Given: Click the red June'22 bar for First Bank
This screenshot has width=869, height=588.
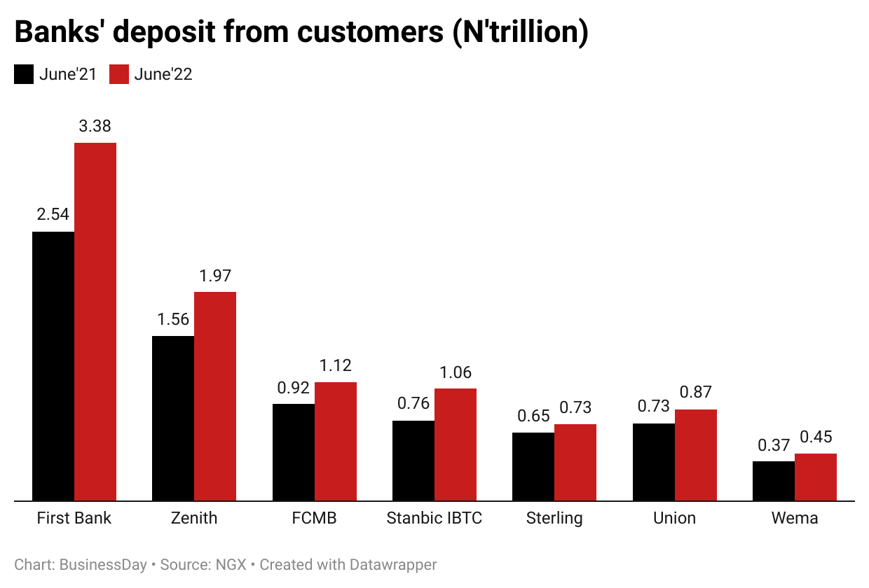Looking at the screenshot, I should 95,322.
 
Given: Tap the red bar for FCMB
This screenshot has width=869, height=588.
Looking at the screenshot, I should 336,442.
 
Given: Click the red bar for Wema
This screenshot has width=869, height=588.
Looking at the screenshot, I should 816,477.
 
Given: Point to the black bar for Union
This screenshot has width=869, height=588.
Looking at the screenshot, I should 654,462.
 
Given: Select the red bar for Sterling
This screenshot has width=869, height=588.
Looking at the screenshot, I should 575,463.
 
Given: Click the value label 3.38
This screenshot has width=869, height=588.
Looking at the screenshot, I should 95,127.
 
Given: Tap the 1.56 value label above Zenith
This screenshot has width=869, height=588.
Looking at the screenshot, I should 173,320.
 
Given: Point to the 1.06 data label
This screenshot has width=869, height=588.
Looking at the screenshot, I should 456,372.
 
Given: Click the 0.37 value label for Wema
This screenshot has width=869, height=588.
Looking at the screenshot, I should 774,445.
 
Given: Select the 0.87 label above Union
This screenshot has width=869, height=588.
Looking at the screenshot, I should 696,393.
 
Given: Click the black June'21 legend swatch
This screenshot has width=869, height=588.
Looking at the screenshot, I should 24,74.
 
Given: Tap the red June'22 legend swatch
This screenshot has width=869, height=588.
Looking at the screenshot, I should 119,74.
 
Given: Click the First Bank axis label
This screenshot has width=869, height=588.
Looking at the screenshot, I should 74,519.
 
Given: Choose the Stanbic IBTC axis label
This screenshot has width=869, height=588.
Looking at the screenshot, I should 434,519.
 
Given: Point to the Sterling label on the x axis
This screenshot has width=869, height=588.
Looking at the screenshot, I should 554,519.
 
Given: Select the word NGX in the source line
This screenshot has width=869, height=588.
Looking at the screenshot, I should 231,564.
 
